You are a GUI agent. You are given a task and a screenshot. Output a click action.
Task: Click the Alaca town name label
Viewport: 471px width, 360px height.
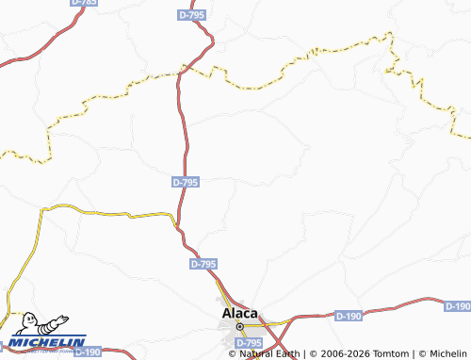click(x=238, y=313)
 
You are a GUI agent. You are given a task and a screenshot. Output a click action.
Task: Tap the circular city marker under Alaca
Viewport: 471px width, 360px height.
click(x=239, y=326)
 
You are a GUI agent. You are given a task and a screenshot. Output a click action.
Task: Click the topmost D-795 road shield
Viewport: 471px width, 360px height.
click(x=191, y=15)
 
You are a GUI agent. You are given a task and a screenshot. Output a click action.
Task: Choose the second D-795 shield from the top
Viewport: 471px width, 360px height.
click(x=186, y=182)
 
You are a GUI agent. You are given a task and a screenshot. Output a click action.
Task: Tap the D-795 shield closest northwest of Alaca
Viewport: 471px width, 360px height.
click(x=203, y=265)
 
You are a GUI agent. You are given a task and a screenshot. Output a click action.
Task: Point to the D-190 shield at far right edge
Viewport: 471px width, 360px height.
click(x=457, y=306)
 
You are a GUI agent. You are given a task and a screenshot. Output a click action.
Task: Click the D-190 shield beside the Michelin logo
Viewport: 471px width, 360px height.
click(x=87, y=352)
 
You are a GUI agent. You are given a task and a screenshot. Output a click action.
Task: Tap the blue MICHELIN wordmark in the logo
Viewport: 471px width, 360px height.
click(x=49, y=342)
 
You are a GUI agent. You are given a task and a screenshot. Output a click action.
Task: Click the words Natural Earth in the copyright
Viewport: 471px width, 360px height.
click(x=268, y=353)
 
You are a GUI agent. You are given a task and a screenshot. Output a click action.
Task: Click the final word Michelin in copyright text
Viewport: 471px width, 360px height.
click(x=446, y=353)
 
